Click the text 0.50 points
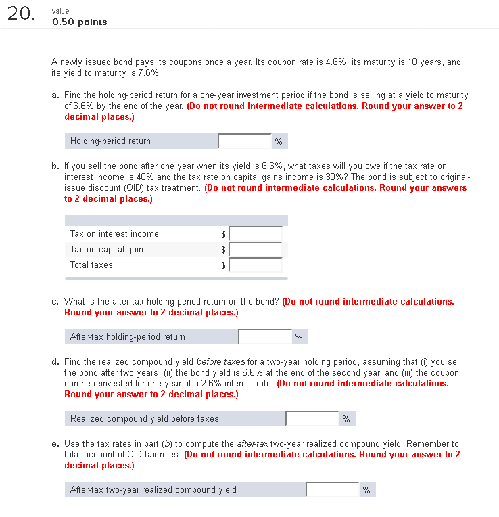[79, 22]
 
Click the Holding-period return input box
[244, 141]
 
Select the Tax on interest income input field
[256, 234]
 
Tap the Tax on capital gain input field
[256, 250]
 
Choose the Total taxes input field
[256, 265]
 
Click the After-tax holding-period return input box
[264, 336]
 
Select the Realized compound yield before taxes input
[312, 419]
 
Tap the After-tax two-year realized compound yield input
[332, 490]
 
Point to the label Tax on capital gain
[107, 250]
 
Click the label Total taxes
[91, 265]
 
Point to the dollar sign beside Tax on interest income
[224, 234]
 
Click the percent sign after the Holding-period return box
[278, 141]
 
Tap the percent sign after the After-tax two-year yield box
[366, 491]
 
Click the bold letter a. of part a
[55, 96]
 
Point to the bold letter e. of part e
[55, 444]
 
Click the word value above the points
[62, 12]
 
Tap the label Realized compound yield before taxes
[145, 419]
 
